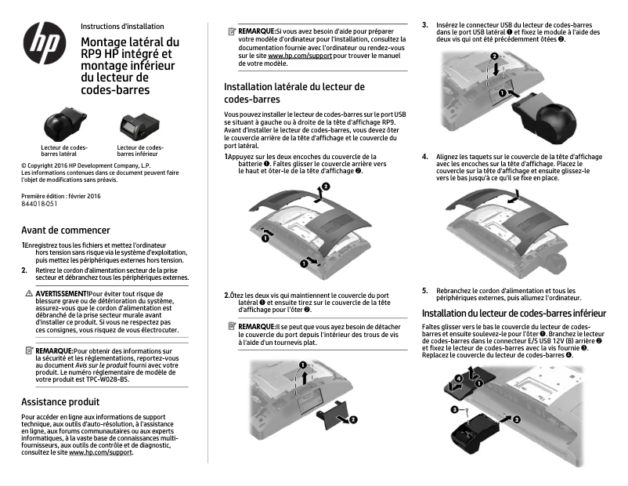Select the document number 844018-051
(39, 203)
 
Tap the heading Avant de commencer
(66, 230)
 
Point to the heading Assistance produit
(60, 401)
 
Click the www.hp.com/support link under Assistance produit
(100, 453)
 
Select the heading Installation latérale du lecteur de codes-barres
(294, 93)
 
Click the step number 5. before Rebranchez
(425, 291)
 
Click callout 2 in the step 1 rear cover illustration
(326, 186)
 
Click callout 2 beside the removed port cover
(353, 419)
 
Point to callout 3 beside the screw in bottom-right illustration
(453, 409)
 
